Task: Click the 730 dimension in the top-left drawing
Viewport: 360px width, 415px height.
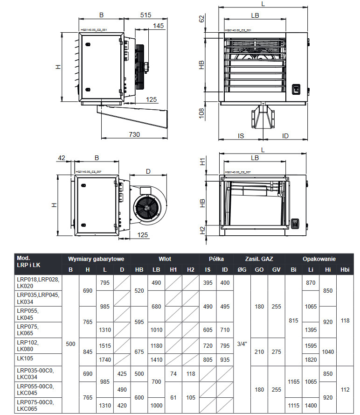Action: (134, 134)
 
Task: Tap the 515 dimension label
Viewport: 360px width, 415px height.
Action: (145, 15)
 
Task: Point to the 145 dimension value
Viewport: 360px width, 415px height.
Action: (158, 26)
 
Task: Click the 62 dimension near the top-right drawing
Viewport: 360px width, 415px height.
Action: (201, 19)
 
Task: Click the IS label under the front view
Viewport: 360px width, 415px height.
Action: (241, 136)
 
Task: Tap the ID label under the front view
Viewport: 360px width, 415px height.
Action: (285, 136)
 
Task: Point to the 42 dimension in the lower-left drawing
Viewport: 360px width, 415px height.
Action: (62, 158)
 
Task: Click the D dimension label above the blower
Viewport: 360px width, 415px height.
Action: (148, 171)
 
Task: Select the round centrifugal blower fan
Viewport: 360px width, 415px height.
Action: (147, 208)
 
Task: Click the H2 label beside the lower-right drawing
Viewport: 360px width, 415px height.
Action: (202, 231)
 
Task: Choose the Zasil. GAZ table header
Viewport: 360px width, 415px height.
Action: (259, 259)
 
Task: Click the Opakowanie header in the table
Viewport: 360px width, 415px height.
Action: (319, 259)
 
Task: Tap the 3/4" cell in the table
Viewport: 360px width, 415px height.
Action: (242, 344)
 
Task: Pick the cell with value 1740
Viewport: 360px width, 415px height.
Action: (105, 360)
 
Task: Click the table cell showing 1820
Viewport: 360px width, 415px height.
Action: (311, 360)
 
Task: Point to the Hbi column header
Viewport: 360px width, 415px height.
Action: (345, 269)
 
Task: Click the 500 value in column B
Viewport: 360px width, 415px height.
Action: (70, 344)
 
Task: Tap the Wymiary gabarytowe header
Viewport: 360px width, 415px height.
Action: (96, 259)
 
